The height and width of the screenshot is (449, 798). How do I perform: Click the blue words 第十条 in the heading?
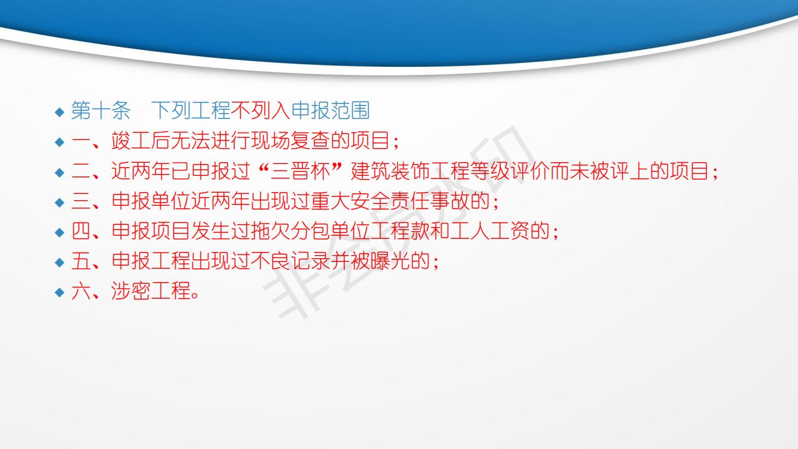pyautogui.click(x=101, y=110)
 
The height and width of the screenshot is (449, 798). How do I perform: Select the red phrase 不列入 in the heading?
pyautogui.click(x=261, y=110)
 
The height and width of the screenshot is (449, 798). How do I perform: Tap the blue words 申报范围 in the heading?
pyautogui.click(x=330, y=110)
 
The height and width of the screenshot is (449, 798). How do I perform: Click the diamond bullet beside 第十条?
pyautogui.click(x=59, y=112)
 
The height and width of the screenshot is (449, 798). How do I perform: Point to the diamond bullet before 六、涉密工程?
pyautogui.click(x=59, y=292)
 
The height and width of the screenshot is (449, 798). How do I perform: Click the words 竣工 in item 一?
pyautogui.click(x=131, y=140)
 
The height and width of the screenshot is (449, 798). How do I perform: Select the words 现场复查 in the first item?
pyautogui.click(x=291, y=140)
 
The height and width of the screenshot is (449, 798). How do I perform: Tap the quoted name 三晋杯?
pyautogui.click(x=300, y=171)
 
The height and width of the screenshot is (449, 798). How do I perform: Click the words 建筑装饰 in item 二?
pyautogui.click(x=390, y=171)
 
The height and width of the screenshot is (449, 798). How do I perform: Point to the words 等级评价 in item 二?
pyautogui.click(x=510, y=171)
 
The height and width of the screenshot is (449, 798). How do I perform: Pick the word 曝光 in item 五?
pyautogui.click(x=390, y=261)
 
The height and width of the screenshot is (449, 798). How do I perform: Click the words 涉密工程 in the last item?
pyautogui.click(x=151, y=291)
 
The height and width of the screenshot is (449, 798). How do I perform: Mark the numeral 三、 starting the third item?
pyautogui.click(x=85, y=201)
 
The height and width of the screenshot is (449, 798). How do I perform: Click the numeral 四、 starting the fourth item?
pyautogui.click(x=85, y=231)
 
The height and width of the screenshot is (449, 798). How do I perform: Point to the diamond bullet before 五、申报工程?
pyautogui.click(x=59, y=263)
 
